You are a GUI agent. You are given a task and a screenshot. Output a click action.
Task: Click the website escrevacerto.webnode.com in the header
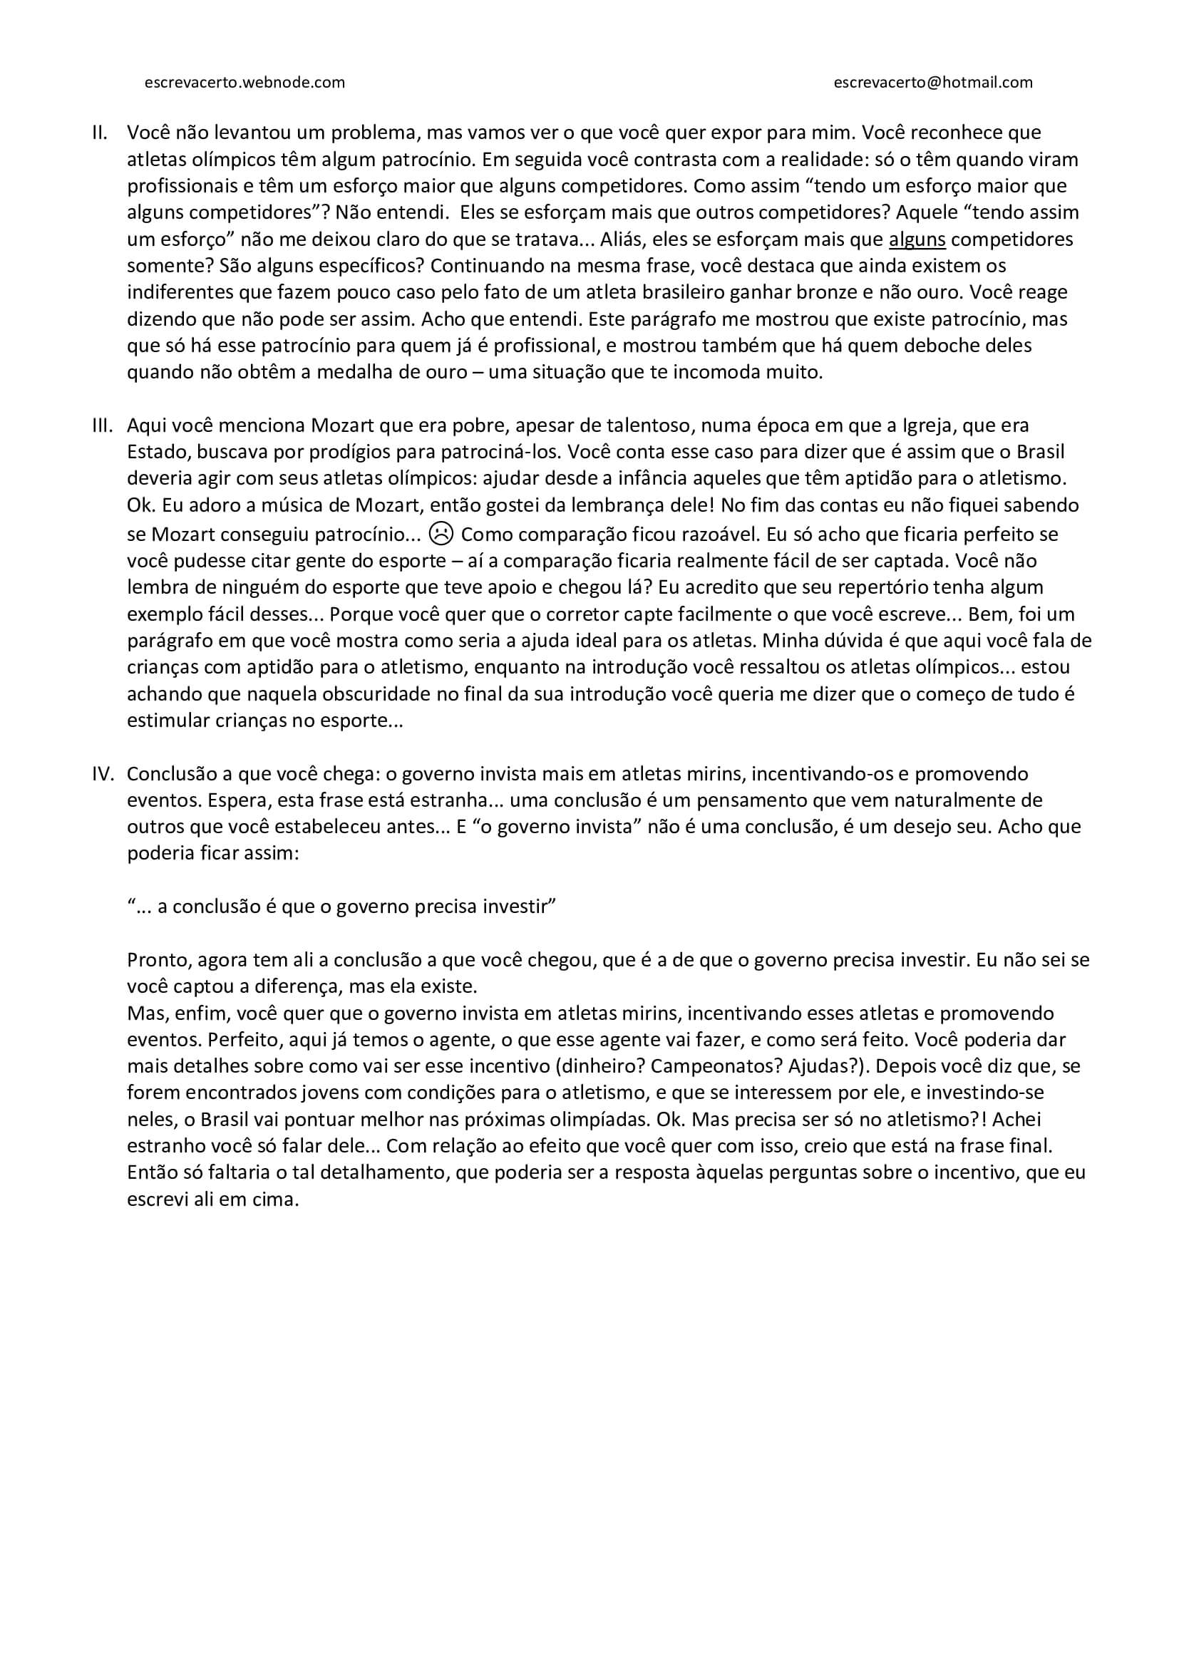244,83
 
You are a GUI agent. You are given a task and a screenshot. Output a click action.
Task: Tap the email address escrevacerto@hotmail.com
933,83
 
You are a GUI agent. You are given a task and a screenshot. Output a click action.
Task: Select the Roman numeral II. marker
101,133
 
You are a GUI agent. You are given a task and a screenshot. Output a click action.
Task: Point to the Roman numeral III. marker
102,425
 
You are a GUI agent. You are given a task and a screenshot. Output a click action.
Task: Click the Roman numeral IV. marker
103,774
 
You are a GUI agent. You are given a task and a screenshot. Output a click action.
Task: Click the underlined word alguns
917,239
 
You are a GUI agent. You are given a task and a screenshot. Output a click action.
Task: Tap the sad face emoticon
441,534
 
